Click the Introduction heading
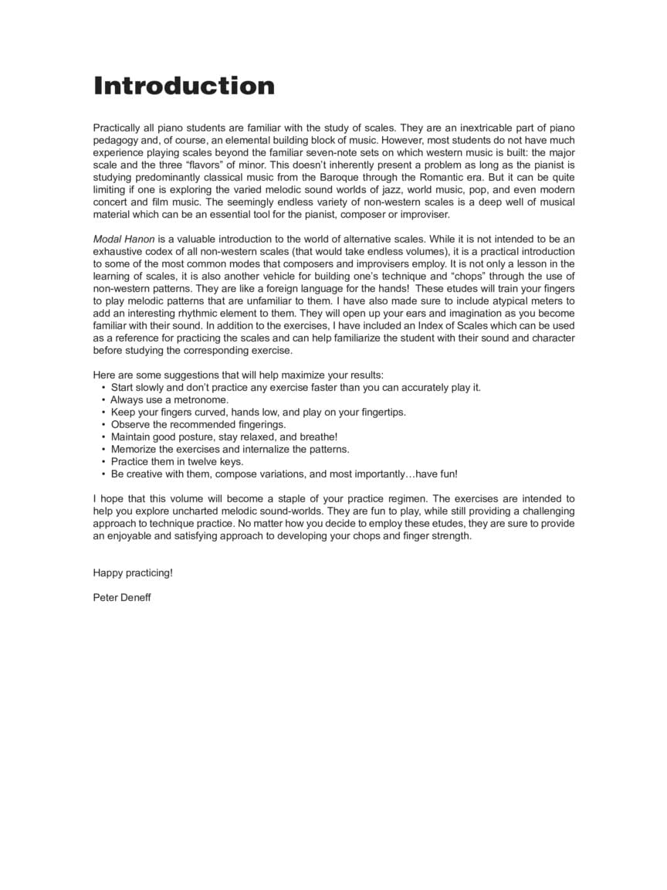coord(184,86)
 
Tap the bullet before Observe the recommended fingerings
coord(103,424)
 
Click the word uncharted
coord(201,511)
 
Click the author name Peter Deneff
coord(122,597)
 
